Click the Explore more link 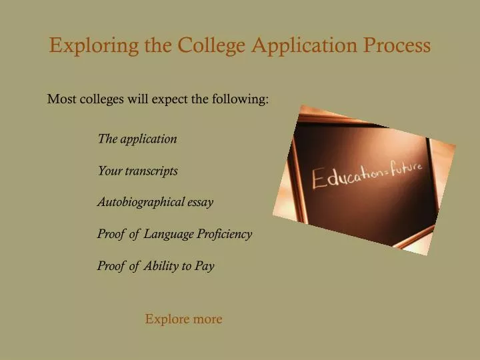[x=183, y=319]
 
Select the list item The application [x=137, y=139]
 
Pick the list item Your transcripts [x=137, y=171]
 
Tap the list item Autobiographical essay [x=155, y=202]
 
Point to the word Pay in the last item [x=205, y=266]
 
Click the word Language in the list [x=169, y=234]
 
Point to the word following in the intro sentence [x=241, y=100]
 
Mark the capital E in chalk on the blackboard [x=321, y=180]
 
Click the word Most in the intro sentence [x=59, y=100]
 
